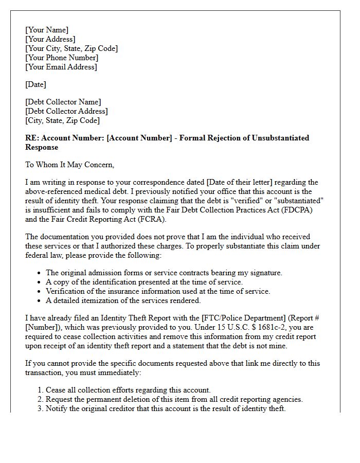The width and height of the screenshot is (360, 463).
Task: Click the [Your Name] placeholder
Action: point(47,30)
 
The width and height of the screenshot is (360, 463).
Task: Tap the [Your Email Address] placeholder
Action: point(61,67)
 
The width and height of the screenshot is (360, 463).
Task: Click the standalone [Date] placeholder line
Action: point(36,84)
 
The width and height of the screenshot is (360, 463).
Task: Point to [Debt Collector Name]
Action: point(63,102)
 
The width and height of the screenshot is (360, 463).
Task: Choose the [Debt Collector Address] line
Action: point(66,111)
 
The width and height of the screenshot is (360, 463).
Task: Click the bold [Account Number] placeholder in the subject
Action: point(140,138)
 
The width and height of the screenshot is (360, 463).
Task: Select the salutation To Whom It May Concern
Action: point(70,165)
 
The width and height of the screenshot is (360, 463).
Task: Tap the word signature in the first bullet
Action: point(264,273)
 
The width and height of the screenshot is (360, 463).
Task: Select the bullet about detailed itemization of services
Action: point(123,300)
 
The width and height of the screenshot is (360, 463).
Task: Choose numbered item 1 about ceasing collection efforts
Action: point(128,390)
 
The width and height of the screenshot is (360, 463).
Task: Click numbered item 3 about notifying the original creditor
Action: point(165,408)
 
